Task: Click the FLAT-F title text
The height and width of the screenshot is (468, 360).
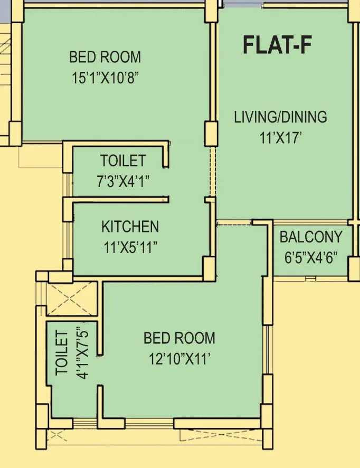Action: (277, 45)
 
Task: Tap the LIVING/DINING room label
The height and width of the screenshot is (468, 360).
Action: (280, 117)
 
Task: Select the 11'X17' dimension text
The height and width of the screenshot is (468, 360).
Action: (280, 138)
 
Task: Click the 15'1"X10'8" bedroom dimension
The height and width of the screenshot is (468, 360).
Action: (106, 78)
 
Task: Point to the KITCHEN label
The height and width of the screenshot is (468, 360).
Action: (130, 227)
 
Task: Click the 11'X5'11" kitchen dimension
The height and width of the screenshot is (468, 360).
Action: (130, 247)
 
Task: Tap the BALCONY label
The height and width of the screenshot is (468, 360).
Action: (311, 237)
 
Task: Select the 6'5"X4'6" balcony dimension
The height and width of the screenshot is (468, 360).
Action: (311, 258)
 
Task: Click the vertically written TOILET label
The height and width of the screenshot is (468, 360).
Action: (62, 353)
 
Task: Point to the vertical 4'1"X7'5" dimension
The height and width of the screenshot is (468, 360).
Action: (82, 353)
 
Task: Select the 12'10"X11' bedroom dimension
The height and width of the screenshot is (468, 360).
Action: (179, 359)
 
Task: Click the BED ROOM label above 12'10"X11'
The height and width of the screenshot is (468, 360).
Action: (179, 338)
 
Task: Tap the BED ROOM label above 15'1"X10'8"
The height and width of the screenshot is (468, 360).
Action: (106, 57)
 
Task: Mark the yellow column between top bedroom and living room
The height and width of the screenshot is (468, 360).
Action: (211, 133)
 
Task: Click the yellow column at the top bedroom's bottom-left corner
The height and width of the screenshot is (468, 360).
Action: (15, 133)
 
